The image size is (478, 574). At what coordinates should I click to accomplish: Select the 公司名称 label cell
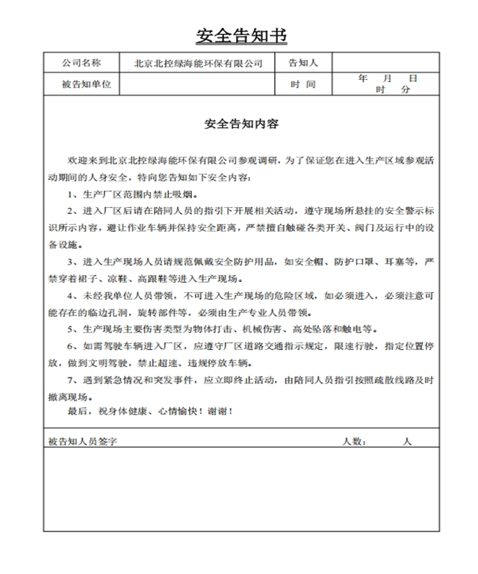(x=81, y=64)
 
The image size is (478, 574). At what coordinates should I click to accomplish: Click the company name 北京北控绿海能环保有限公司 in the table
(x=198, y=64)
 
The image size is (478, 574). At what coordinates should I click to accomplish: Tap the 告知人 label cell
(x=303, y=64)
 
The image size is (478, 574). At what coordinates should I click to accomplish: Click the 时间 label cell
(x=303, y=84)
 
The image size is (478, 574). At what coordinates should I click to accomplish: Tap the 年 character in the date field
(x=363, y=78)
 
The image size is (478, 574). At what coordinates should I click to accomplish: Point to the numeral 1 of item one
(x=70, y=194)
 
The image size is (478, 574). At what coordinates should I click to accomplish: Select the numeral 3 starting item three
(x=70, y=262)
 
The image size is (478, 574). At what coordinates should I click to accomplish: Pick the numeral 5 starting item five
(x=70, y=330)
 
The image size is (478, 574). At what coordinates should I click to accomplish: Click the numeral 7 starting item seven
(x=70, y=380)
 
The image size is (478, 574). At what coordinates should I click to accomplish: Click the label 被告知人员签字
(x=82, y=442)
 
